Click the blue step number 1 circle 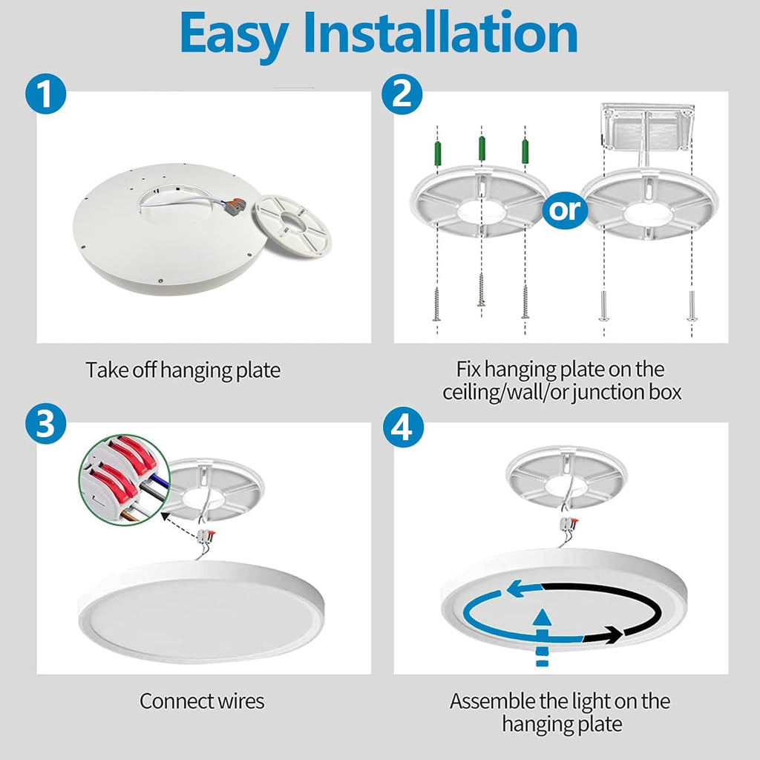pyautogui.click(x=45, y=94)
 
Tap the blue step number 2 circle pyautogui.click(x=402, y=94)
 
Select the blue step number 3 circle pyautogui.click(x=45, y=424)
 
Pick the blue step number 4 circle pyautogui.click(x=403, y=427)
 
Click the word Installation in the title pyautogui.click(x=441, y=33)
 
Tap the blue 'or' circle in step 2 pyautogui.click(x=565, y=210)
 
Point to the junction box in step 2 pyautogui.click(x=647, y=127)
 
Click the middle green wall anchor pyautogui.click(x=482, y=148)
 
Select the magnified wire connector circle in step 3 pyautogui.click(x=125, y=480)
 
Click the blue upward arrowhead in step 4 pyautogui.click(x=542, y=618)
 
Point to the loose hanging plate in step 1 pyautogui.click(x=292, y=226)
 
